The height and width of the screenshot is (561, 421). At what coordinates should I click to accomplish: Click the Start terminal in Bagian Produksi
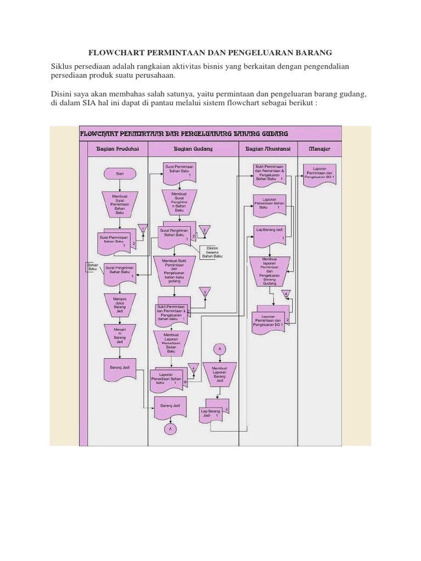point(120,173)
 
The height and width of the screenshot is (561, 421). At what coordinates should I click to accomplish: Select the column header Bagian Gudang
point(193,148)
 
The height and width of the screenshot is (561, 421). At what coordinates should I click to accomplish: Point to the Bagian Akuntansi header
point(266,148)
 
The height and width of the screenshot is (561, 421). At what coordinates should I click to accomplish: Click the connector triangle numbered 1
point(143,230)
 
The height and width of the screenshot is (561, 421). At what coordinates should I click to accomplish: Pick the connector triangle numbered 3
point(205,292)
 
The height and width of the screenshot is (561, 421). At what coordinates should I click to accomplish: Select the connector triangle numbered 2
point(204,230)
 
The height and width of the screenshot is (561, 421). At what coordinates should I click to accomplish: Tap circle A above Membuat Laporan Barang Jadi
point(219,348)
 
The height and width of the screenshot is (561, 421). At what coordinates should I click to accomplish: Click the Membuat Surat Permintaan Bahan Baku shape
point(120,205)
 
